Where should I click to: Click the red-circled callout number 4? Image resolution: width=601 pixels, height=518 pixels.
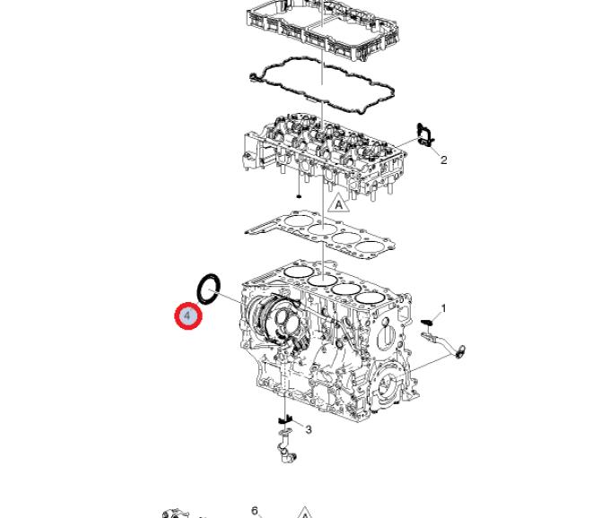click(x=187, y=315)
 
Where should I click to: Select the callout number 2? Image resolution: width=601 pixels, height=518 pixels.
click(x=443, y=160)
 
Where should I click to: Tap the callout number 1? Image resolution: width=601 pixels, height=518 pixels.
click(x=443, y=308)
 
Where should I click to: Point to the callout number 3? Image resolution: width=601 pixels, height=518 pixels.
click(x=309, y=429)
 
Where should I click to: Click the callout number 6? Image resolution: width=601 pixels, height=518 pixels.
click(x=256, y=511)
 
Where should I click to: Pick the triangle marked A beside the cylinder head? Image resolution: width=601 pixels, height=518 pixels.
click(x=338, y=203)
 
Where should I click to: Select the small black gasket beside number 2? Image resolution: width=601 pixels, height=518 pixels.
click(x=426, y=135)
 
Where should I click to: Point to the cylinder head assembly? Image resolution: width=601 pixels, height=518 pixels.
click(x=324, y=157)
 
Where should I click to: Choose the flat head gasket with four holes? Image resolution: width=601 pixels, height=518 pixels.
click(x=321, y=234)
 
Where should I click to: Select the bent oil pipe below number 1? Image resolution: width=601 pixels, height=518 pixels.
click(x=445, y=344)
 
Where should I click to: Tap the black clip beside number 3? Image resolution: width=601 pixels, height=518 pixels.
click(x=285, y=420)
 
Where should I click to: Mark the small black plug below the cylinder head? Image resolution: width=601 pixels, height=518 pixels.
click(x=299, y=196)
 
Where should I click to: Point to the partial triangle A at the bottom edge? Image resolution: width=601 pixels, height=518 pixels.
click(x=304, y=513)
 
